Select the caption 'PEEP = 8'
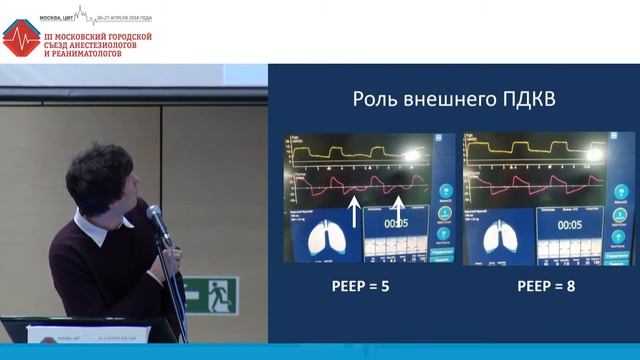pos(546,286)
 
